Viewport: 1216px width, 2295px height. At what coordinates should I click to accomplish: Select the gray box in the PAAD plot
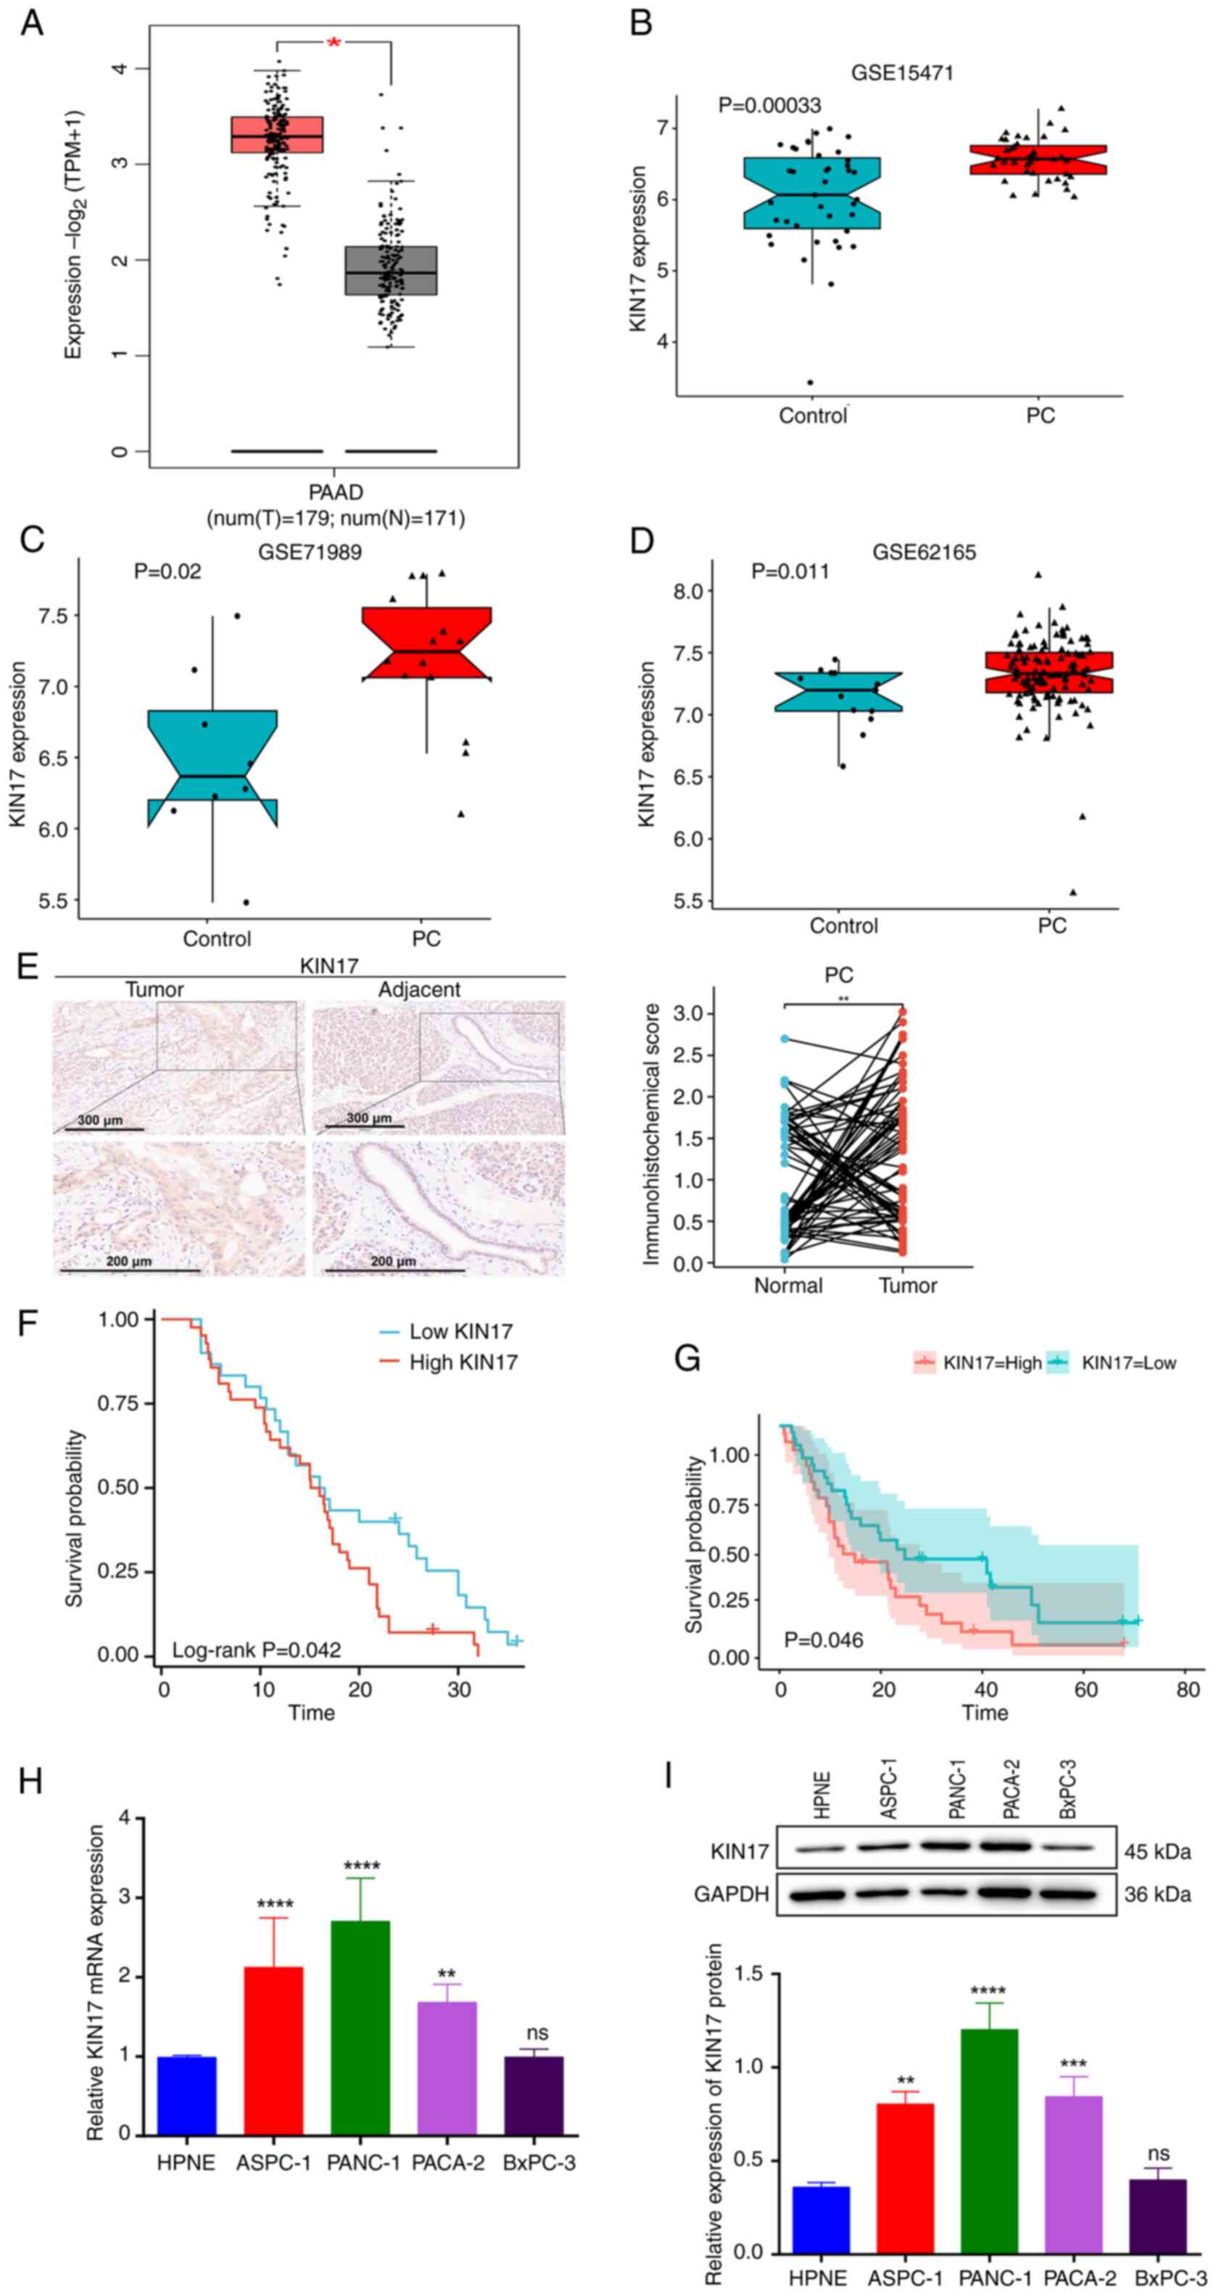(391, 270)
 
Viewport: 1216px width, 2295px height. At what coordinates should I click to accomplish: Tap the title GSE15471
(901, 73)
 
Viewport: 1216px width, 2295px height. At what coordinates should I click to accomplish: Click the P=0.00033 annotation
(769, 105)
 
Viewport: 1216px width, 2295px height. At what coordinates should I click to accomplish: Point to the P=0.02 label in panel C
(167, 571)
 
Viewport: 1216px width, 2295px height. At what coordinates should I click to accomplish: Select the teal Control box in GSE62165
(838, 691)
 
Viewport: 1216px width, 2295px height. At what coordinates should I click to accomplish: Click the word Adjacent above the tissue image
(418, 990)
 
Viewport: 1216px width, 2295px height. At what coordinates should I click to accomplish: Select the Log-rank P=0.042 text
(256, 1650)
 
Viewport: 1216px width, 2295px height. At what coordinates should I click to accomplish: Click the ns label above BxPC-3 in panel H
(537, 2033)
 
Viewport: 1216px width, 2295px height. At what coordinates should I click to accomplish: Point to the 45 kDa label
(1157, 1851)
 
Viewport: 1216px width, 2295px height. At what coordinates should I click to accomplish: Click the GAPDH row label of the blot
(730, 1893)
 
